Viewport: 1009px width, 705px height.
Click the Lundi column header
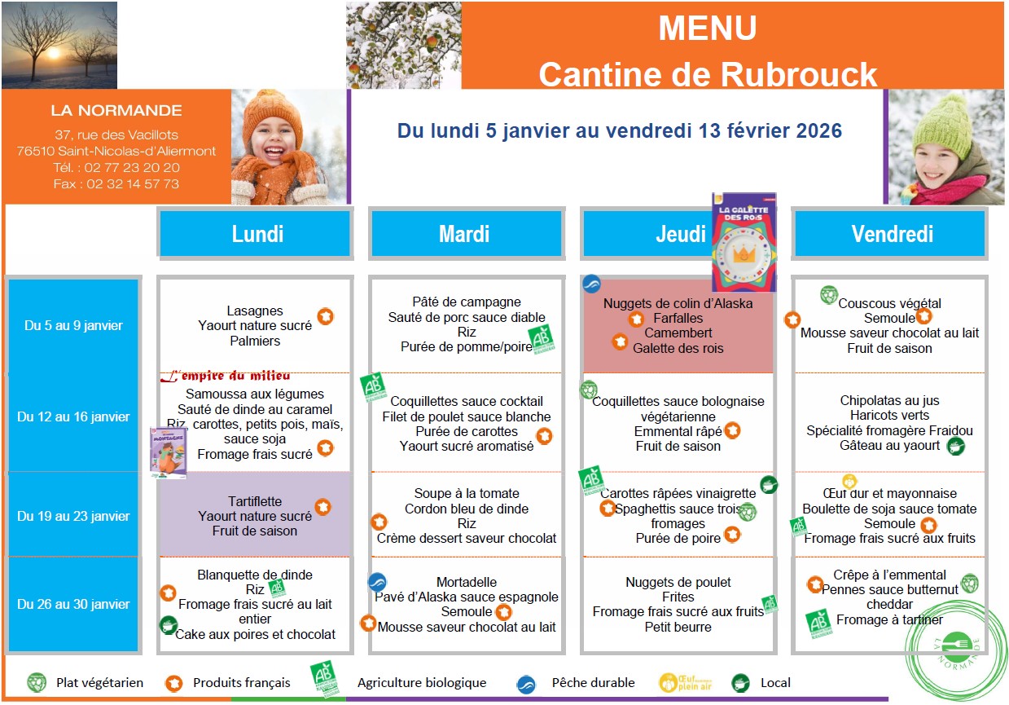(x=257, y=234)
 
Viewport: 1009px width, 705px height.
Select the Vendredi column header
(x=892, y=234)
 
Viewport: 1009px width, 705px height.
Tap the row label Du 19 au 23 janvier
(x=73, y=516)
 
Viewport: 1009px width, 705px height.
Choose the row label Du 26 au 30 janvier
(x=73, y=604)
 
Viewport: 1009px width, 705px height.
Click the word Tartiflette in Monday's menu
(x=255, y=501)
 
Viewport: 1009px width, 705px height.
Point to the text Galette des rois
(x=678, y=348)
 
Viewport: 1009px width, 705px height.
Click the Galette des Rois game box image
(x=744, y=242)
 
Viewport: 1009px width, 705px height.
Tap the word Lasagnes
(x=255, y=311)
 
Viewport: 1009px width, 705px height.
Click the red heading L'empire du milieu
(x=225, y=377)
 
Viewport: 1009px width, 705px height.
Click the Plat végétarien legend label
(x=99, y=682)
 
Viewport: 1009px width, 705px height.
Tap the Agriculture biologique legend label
(x=421, y=682)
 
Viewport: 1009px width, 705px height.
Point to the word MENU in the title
(x=707, y=29)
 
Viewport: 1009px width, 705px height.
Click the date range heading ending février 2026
(x=620, y=130)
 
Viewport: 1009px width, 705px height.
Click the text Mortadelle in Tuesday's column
(x=466, y=582)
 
